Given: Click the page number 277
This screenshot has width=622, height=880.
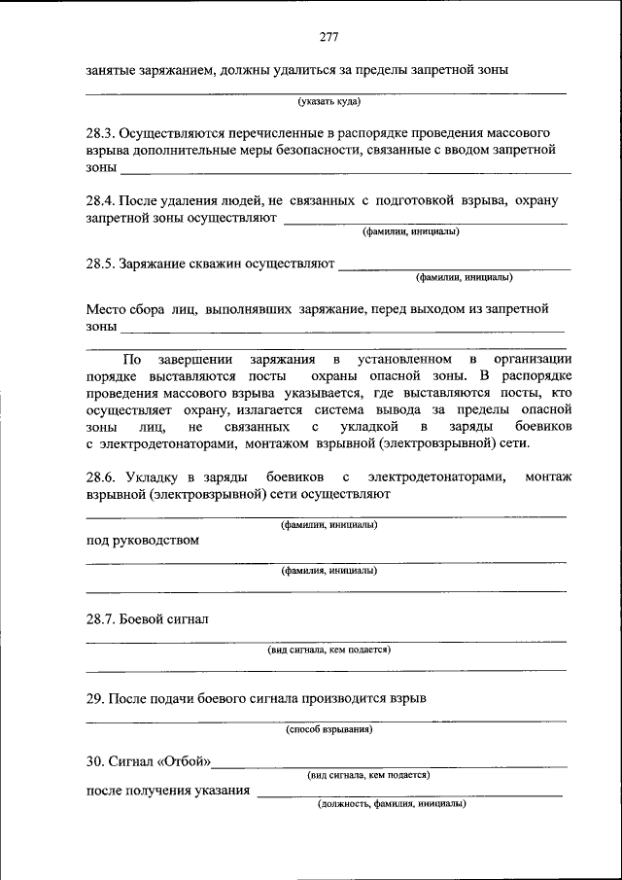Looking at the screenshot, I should (x=328, y=38).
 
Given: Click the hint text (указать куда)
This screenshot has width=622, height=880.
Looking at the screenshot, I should (x=329, y=101).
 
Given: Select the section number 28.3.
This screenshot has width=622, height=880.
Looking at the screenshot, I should (x=102, y=131).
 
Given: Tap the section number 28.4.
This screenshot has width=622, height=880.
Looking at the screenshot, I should (x=102, y=200).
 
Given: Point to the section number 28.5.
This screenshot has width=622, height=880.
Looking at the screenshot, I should (x=102, y=263).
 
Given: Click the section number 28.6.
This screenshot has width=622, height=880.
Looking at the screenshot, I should (x=102, y=476).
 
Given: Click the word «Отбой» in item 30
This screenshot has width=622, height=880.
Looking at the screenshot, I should (x=188, y=760).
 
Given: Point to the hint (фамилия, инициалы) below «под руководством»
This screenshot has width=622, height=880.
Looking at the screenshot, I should (x=329, y=571).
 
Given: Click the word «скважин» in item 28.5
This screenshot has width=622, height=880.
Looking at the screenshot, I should (x=219, y=263).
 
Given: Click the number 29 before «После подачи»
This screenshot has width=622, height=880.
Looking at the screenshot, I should (x=94, y=698).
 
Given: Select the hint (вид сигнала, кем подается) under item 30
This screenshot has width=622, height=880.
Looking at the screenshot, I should (x=369, y=775).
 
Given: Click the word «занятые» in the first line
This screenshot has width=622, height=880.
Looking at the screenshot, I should (x=111, y=70).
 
